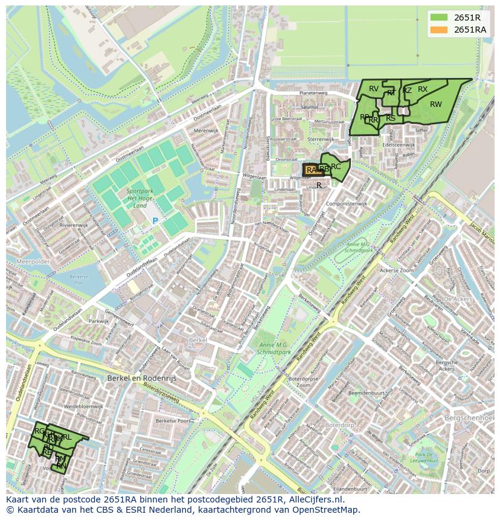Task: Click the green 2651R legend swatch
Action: click(439, 18)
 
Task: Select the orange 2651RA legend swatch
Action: click(439, 30)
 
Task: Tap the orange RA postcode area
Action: click(310, 170)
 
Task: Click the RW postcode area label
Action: click(435, 104)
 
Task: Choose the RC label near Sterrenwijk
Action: click(336, 167)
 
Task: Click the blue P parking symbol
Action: click(155, 221)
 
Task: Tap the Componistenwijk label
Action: click(346, 204)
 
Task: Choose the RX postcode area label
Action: click(422, 89)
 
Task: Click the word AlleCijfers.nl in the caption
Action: click(313, 499)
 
